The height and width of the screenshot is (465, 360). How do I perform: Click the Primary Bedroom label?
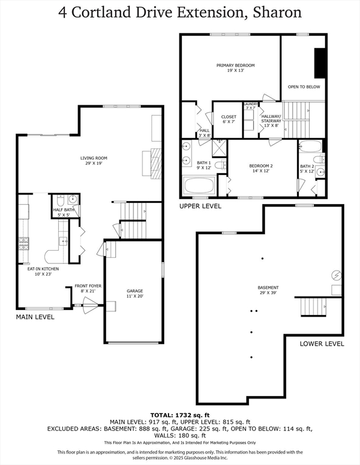click(235, 65)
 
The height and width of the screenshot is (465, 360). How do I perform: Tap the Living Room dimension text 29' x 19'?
click(94, 163)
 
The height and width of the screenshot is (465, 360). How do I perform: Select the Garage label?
click(135, 291)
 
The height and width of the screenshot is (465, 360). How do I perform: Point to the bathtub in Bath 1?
click(199, 185)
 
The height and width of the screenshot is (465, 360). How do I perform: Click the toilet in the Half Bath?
click(60, 201)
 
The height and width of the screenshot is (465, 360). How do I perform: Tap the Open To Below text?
click(304, 87)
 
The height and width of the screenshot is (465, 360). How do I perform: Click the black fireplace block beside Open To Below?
click(319, 63)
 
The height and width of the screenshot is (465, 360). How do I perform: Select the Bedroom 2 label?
click(261, 166)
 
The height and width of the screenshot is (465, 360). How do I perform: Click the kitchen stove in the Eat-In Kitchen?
click(24, 244)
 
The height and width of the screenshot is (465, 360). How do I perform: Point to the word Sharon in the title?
click(277, 13)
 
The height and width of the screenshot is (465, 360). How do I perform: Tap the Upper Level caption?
click(201, 206)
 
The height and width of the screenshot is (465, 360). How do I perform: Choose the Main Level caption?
click(35, 317)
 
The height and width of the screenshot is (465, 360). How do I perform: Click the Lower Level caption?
click(322, 344)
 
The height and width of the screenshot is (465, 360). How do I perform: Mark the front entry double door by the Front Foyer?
click(90, 305)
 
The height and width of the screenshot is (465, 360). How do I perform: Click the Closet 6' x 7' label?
click(228, 119)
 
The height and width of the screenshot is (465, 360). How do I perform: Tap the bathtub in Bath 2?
click(310, 146)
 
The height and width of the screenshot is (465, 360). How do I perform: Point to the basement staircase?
click(313, 307)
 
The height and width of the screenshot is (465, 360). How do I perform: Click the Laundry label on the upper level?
click(251, 104)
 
